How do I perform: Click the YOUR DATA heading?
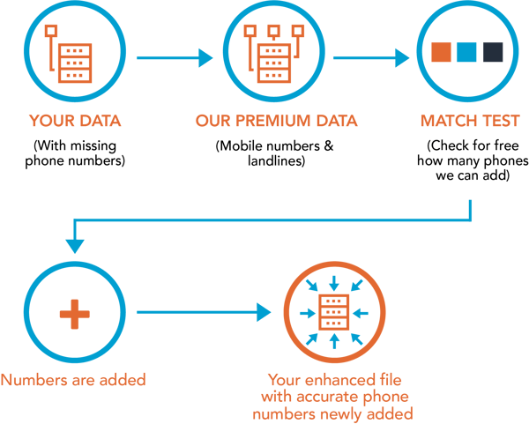(x=75, y=121)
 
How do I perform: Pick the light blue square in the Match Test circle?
(x=467, y=52)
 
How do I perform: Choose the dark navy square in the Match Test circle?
(x=493, y=52)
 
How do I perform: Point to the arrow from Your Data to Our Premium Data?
(x=176, y=58)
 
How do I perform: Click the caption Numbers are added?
(x=73, y=381)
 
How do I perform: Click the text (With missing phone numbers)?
(x=75, y=152)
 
